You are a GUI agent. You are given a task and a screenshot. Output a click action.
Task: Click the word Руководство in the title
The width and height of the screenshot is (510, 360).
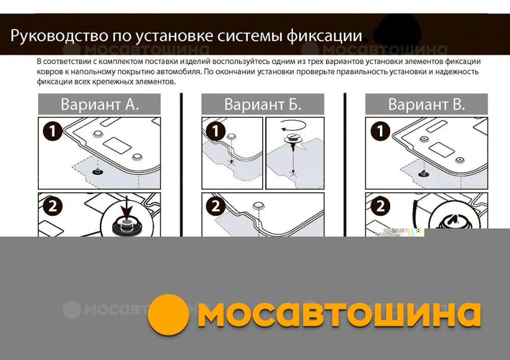point(59,36)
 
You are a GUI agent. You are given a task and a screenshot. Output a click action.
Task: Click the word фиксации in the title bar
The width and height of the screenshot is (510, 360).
point(324,36)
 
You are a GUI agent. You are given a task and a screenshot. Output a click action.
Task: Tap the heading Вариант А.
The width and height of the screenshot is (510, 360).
point(99,105)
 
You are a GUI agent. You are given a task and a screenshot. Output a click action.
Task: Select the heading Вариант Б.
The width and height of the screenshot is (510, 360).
point(263,105)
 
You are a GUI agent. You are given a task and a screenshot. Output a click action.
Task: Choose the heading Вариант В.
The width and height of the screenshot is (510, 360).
point(426,105)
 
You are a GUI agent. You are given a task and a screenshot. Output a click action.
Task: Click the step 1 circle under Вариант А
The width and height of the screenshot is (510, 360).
point(53,132)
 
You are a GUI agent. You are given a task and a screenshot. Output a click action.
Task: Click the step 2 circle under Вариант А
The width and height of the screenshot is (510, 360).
point(53,206)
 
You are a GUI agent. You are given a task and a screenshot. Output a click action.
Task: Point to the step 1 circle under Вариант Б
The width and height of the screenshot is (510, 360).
point(216,132)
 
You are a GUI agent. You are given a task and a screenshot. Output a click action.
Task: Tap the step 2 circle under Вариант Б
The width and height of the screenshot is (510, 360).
point(216,206)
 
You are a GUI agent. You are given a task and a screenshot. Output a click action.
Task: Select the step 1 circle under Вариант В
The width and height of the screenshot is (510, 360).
point(380,132)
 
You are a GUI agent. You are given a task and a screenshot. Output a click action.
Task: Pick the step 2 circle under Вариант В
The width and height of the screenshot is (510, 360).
point(380,206)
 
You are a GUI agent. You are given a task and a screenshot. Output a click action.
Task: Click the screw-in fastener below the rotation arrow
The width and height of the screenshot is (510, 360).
point(293,141)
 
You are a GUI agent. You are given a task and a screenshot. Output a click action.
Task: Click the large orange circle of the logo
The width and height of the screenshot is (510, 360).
point(168,315)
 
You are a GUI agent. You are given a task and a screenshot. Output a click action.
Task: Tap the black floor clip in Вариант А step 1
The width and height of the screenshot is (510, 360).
point(96,171)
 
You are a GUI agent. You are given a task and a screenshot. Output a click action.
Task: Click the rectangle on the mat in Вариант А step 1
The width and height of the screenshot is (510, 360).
point(117,145)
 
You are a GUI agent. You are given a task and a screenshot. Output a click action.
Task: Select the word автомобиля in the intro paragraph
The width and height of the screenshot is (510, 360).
point(181,71)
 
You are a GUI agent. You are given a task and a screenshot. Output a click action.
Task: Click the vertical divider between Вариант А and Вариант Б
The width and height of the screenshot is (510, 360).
point(181,165)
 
